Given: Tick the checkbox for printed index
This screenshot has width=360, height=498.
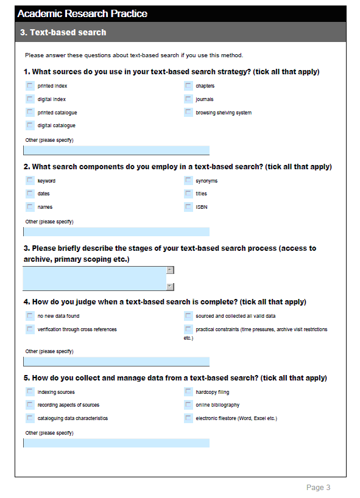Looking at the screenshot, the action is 30,86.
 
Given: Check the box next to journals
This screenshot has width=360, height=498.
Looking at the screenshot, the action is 188,99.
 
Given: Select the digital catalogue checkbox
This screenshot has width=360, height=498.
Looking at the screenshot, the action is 30,125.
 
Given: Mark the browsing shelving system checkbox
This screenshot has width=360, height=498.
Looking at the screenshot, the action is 188,113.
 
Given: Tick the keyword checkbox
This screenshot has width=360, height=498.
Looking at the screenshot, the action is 30,181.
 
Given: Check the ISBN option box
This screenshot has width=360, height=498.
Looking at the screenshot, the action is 188,207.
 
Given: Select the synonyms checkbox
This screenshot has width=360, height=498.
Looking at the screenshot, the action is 188,181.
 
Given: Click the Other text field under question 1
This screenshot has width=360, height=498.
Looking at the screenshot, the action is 116,150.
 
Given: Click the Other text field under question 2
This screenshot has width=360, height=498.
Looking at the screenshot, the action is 116,232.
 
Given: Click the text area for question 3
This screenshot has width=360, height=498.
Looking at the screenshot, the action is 94,278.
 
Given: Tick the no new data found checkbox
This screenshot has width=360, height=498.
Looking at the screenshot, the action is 30,316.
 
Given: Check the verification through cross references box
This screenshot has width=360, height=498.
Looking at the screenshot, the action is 30,329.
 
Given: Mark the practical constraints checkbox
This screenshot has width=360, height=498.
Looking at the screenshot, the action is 188,329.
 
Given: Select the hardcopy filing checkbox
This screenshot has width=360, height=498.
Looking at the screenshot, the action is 188,392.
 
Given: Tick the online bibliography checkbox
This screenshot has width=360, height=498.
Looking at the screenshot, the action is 188,405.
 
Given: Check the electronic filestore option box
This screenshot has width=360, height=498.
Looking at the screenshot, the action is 188,418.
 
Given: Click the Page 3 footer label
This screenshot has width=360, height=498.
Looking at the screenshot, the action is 318,488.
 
